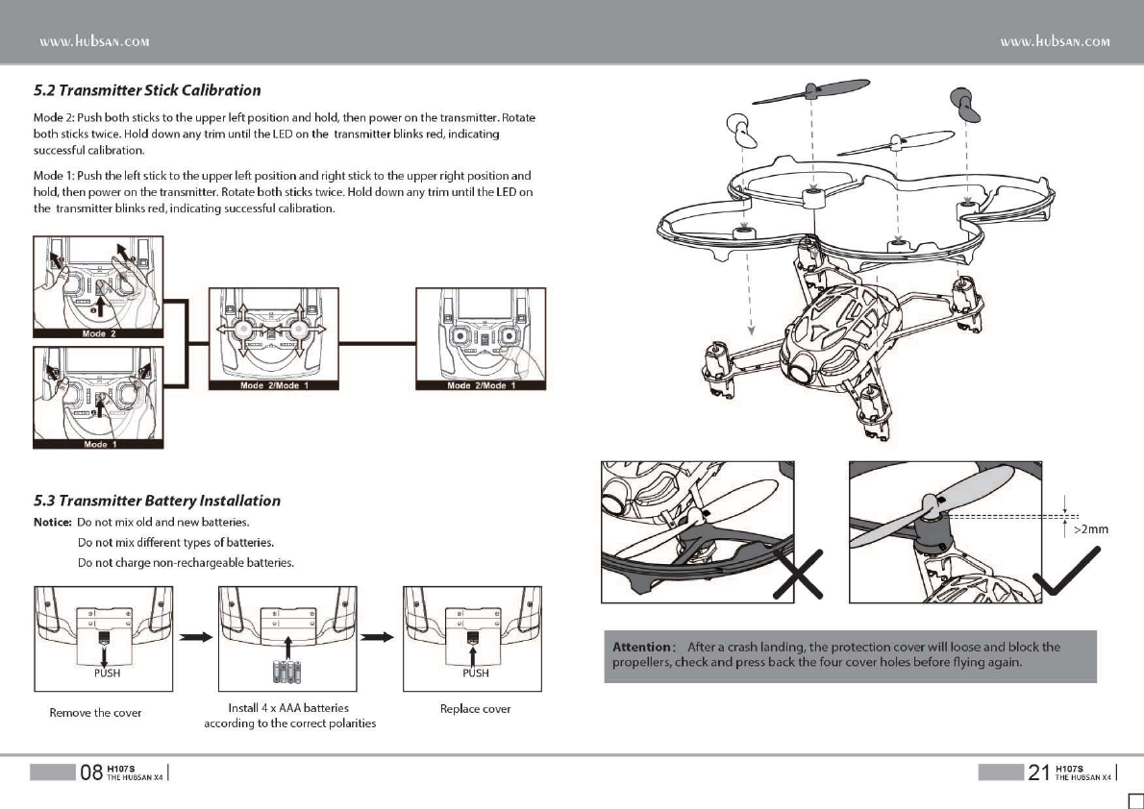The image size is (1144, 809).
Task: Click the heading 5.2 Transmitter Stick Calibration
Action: coord(147,90)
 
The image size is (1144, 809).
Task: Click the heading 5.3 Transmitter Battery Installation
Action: coord(157,501)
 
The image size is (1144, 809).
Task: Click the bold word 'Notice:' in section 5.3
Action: coord(53,522)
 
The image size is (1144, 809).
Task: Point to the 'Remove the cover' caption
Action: coord(95,712)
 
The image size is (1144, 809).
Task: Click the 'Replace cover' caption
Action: coord(475,709)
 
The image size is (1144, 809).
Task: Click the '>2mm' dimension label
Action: coord(1090,528)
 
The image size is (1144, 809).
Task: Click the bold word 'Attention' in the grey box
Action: coord(642,647)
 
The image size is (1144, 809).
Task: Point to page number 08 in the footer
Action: coord(91,772)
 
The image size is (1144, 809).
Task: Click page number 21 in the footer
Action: coord(1039,772)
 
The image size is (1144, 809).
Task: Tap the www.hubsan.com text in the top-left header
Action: coord(93,41)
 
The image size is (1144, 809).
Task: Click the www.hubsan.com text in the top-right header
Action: coord(1055,41)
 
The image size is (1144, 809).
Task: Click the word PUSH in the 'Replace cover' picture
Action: coord(476,673)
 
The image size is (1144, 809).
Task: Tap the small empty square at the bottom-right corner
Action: coord(1134,800)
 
